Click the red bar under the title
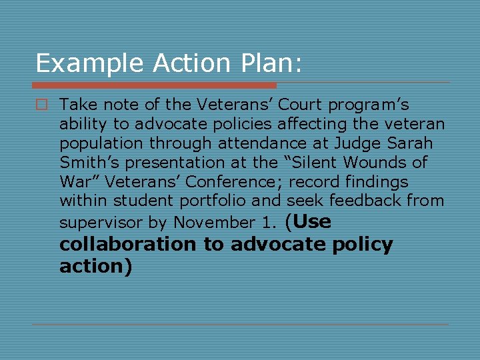(x=154, y=85)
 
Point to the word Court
(x=304, y=105)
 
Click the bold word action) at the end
(x=96, y=266)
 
